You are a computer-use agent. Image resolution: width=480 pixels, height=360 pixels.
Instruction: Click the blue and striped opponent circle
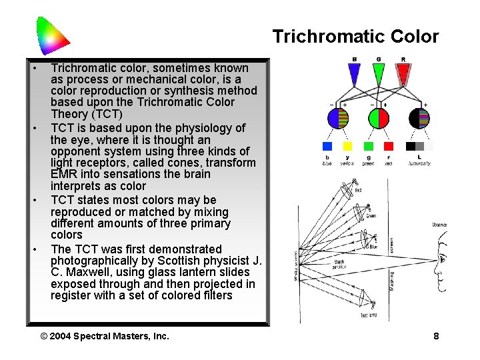point(338,118)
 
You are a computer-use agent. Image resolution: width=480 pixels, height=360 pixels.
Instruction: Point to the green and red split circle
point(379,118)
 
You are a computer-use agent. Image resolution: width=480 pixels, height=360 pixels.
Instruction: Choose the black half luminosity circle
point(419,118)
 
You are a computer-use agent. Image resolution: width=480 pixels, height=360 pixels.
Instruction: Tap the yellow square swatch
point(347,146)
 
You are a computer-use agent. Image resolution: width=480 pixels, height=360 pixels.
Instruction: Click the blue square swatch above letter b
point(327,146)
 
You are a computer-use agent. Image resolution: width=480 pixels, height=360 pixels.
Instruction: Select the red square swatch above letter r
point(389,146)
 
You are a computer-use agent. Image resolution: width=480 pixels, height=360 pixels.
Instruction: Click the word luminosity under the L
point(419,163)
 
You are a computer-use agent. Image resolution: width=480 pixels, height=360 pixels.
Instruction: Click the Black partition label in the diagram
point(339,264)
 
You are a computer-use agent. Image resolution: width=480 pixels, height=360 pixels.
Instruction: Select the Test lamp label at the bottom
point(369,315)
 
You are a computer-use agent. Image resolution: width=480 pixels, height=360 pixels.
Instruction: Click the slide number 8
point(436,336)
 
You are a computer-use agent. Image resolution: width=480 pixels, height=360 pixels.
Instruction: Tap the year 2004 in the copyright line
point(60,336)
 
